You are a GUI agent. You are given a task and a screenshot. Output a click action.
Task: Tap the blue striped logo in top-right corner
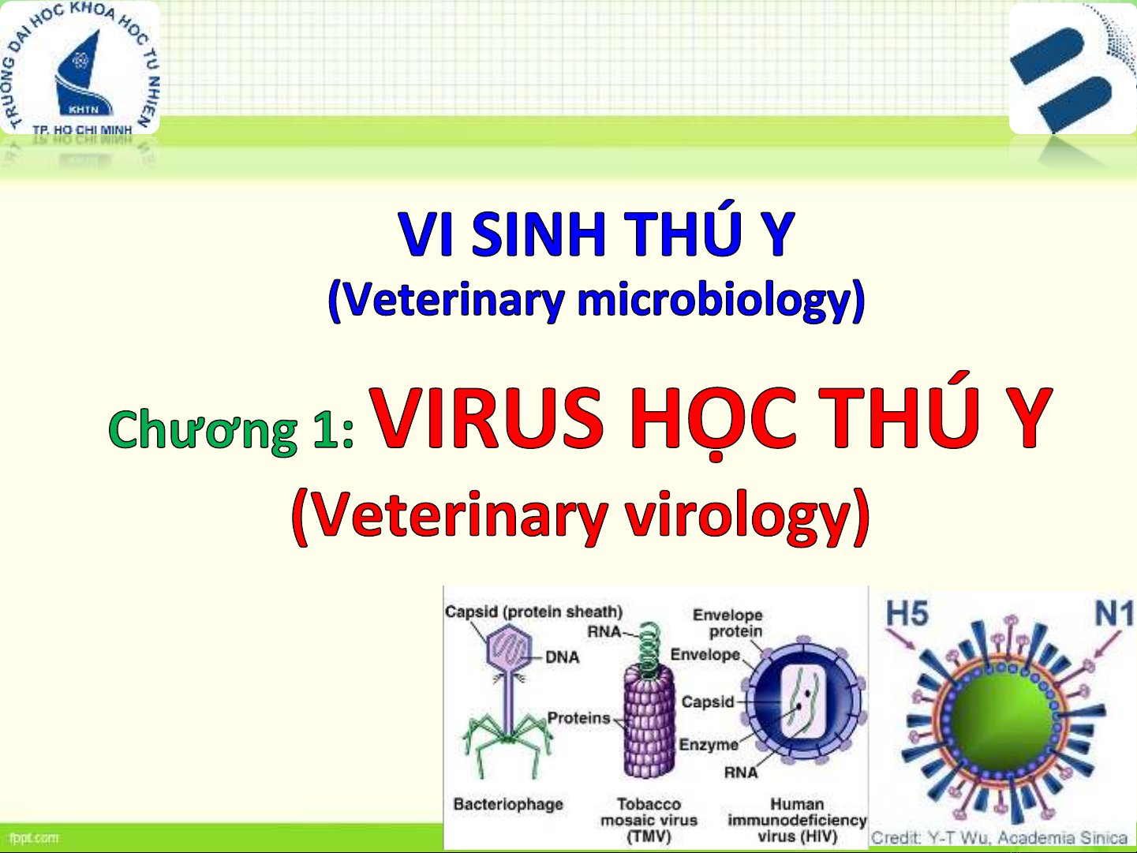pyautogui.click(x=1073, y=69)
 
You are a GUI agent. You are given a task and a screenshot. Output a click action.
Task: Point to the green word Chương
pyautogui.click(x=203, y=429)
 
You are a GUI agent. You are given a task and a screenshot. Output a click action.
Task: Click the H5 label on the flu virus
pyautogui.click(x=907, y=614)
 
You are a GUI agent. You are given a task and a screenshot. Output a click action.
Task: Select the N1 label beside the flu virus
pyautogui.click(x=1113, y=614)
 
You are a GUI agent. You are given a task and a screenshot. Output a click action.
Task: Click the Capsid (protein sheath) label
pyautogui.click(x=533, y=612)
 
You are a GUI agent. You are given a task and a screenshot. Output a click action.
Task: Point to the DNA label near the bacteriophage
pyautogui.click(x=563, y=657)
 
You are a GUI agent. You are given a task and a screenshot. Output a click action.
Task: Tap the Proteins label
pyautogui.click(x=578, y=718)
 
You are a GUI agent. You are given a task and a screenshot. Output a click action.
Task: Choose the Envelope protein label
pyautogui.click(x=727, y=623)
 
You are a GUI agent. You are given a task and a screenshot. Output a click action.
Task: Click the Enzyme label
pyautogui.click(x=709, y=745)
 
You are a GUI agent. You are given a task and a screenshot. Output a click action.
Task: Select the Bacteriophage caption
pyautogui.click(x=508, y=804)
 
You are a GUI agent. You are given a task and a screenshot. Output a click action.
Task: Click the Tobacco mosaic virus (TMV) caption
pyautogui.click(x=649, y=821)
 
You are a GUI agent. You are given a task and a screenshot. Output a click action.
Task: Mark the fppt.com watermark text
pyautogui.click(x=34, y=838)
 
